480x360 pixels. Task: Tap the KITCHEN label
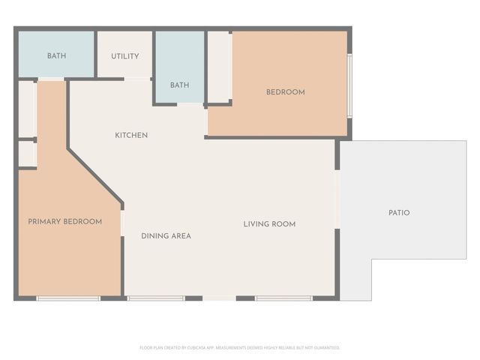coord(131,136)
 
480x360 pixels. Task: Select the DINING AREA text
coord(166,235)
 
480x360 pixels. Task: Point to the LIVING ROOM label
coord(269,224)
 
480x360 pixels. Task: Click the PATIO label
coord(399,213)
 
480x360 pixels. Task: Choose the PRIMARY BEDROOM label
coord(64,222)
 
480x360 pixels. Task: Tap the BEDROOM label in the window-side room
coord(286,92)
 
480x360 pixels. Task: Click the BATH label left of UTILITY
coord(57,56)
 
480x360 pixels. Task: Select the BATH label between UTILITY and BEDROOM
coord(179,85)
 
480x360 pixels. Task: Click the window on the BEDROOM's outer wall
coord(349,85)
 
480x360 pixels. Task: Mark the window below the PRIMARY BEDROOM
coord(68,298)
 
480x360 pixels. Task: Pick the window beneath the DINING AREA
coord(156,298)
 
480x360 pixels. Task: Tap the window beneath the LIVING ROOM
coord(283,298)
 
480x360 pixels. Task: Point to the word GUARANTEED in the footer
coord(326,348)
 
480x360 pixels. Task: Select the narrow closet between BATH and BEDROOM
coord(218,67)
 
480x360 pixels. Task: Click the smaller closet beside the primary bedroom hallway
coord(27,154)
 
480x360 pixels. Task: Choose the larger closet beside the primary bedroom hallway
coord(27,109)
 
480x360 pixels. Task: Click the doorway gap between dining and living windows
coord(219,298)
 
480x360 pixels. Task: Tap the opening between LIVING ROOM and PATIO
coord(337,199)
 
